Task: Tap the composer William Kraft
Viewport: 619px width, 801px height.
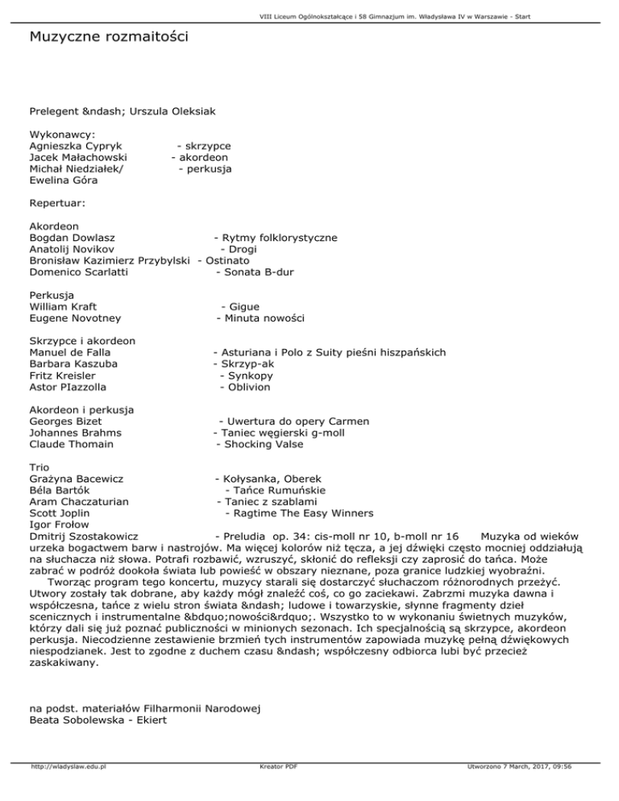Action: point(62,307)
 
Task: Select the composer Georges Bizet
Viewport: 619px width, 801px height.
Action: point(65,421)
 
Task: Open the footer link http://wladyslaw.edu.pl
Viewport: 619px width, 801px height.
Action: point(70,789)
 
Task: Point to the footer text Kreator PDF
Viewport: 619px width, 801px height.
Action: point(275,789)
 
